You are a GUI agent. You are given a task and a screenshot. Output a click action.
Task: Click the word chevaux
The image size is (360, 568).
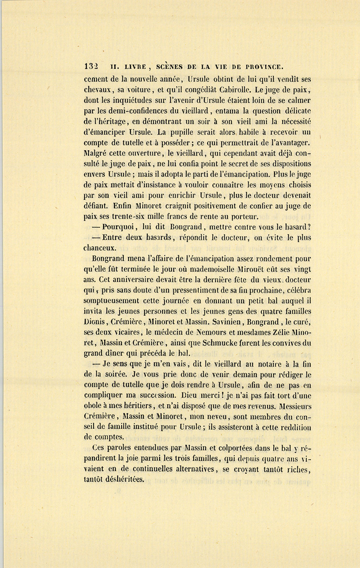pos(98,90)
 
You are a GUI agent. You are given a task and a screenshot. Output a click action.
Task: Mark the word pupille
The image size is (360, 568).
pos(188,132)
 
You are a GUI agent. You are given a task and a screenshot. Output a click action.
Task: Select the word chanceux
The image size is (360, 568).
pos(100,248)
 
